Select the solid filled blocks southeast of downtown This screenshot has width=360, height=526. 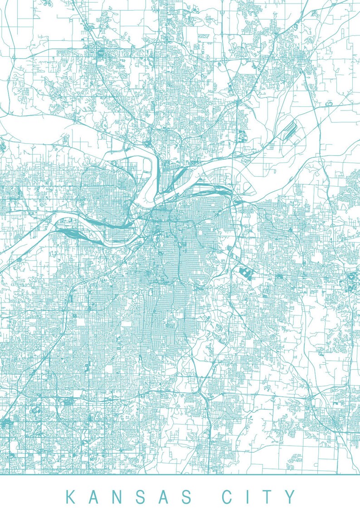[245, 273]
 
